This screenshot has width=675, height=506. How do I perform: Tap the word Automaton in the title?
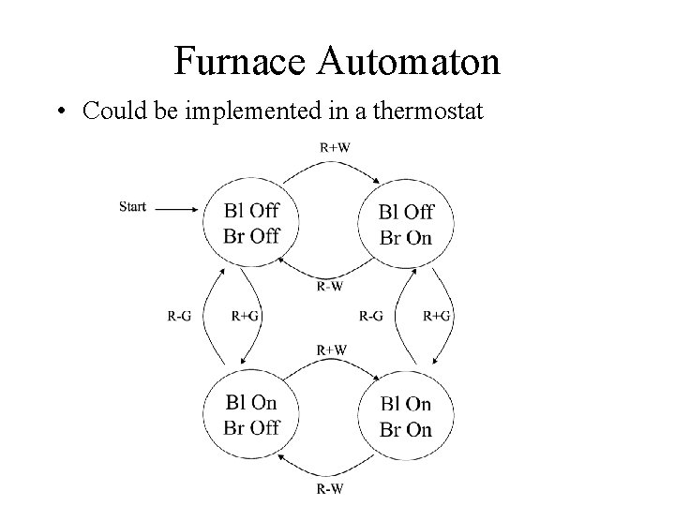(x=410, y=63)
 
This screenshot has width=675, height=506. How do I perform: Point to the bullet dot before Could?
(x=60, y=112)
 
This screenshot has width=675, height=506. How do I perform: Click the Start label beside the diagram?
(x=133, y=207)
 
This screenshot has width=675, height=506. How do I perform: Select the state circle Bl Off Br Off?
(x=251, y=223)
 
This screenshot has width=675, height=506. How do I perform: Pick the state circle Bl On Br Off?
(x=251, y=415)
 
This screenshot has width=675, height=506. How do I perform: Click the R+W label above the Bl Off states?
(x=335, y=146)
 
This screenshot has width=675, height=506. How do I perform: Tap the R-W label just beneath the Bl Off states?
(x=328, y=287)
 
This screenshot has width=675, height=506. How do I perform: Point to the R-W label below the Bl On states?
(x=328, y=488)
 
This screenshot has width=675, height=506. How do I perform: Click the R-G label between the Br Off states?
(x=179, y=317)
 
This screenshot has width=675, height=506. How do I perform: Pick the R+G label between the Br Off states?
(x=245, y=317)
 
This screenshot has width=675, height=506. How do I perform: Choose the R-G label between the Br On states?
(x=370, y=317)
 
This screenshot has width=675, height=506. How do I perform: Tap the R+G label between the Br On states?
(x=437, y=317)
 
